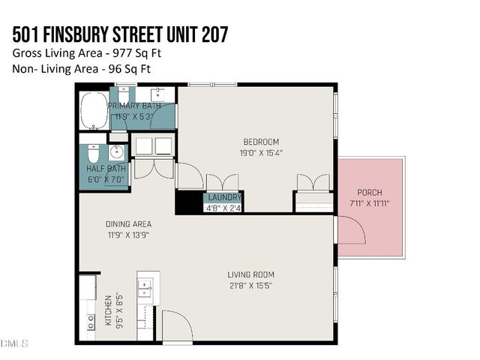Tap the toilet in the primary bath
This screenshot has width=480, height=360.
pos(122,96)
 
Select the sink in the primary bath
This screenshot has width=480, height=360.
pos(159,95)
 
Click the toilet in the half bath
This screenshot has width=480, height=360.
pos(91,154)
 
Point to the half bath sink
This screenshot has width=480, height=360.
pos(115,152)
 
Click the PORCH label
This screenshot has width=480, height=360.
pos(370,192)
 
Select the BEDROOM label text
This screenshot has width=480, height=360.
pos(261,142)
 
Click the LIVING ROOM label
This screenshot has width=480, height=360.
pos(251,274)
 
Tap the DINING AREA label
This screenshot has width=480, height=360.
pos(128,223)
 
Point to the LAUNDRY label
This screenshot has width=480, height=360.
pos(224,198)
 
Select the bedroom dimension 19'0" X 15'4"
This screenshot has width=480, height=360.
pos(261,152)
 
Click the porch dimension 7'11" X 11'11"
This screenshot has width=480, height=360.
pos(370,202)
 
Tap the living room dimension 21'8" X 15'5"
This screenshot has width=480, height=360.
pos(251,285)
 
